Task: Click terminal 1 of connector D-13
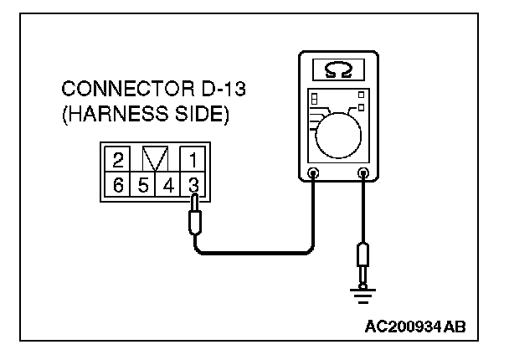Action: [x=192, y=159]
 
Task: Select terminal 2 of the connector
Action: [x=119, y=159]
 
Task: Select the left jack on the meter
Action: [x=313, y=175]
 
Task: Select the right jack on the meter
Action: [x=363, y=175]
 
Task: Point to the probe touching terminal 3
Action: [x=194, y=216]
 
